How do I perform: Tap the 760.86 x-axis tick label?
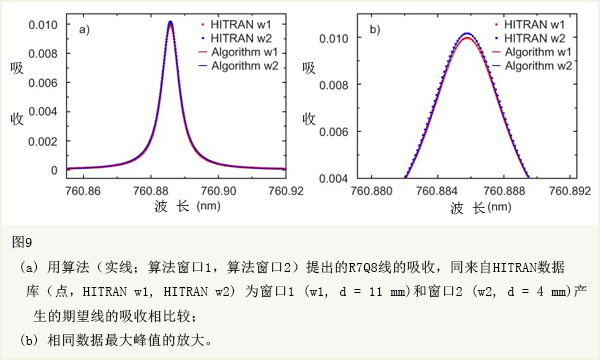click(x=81, y=190)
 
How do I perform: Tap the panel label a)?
click(x=86, y=30)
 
